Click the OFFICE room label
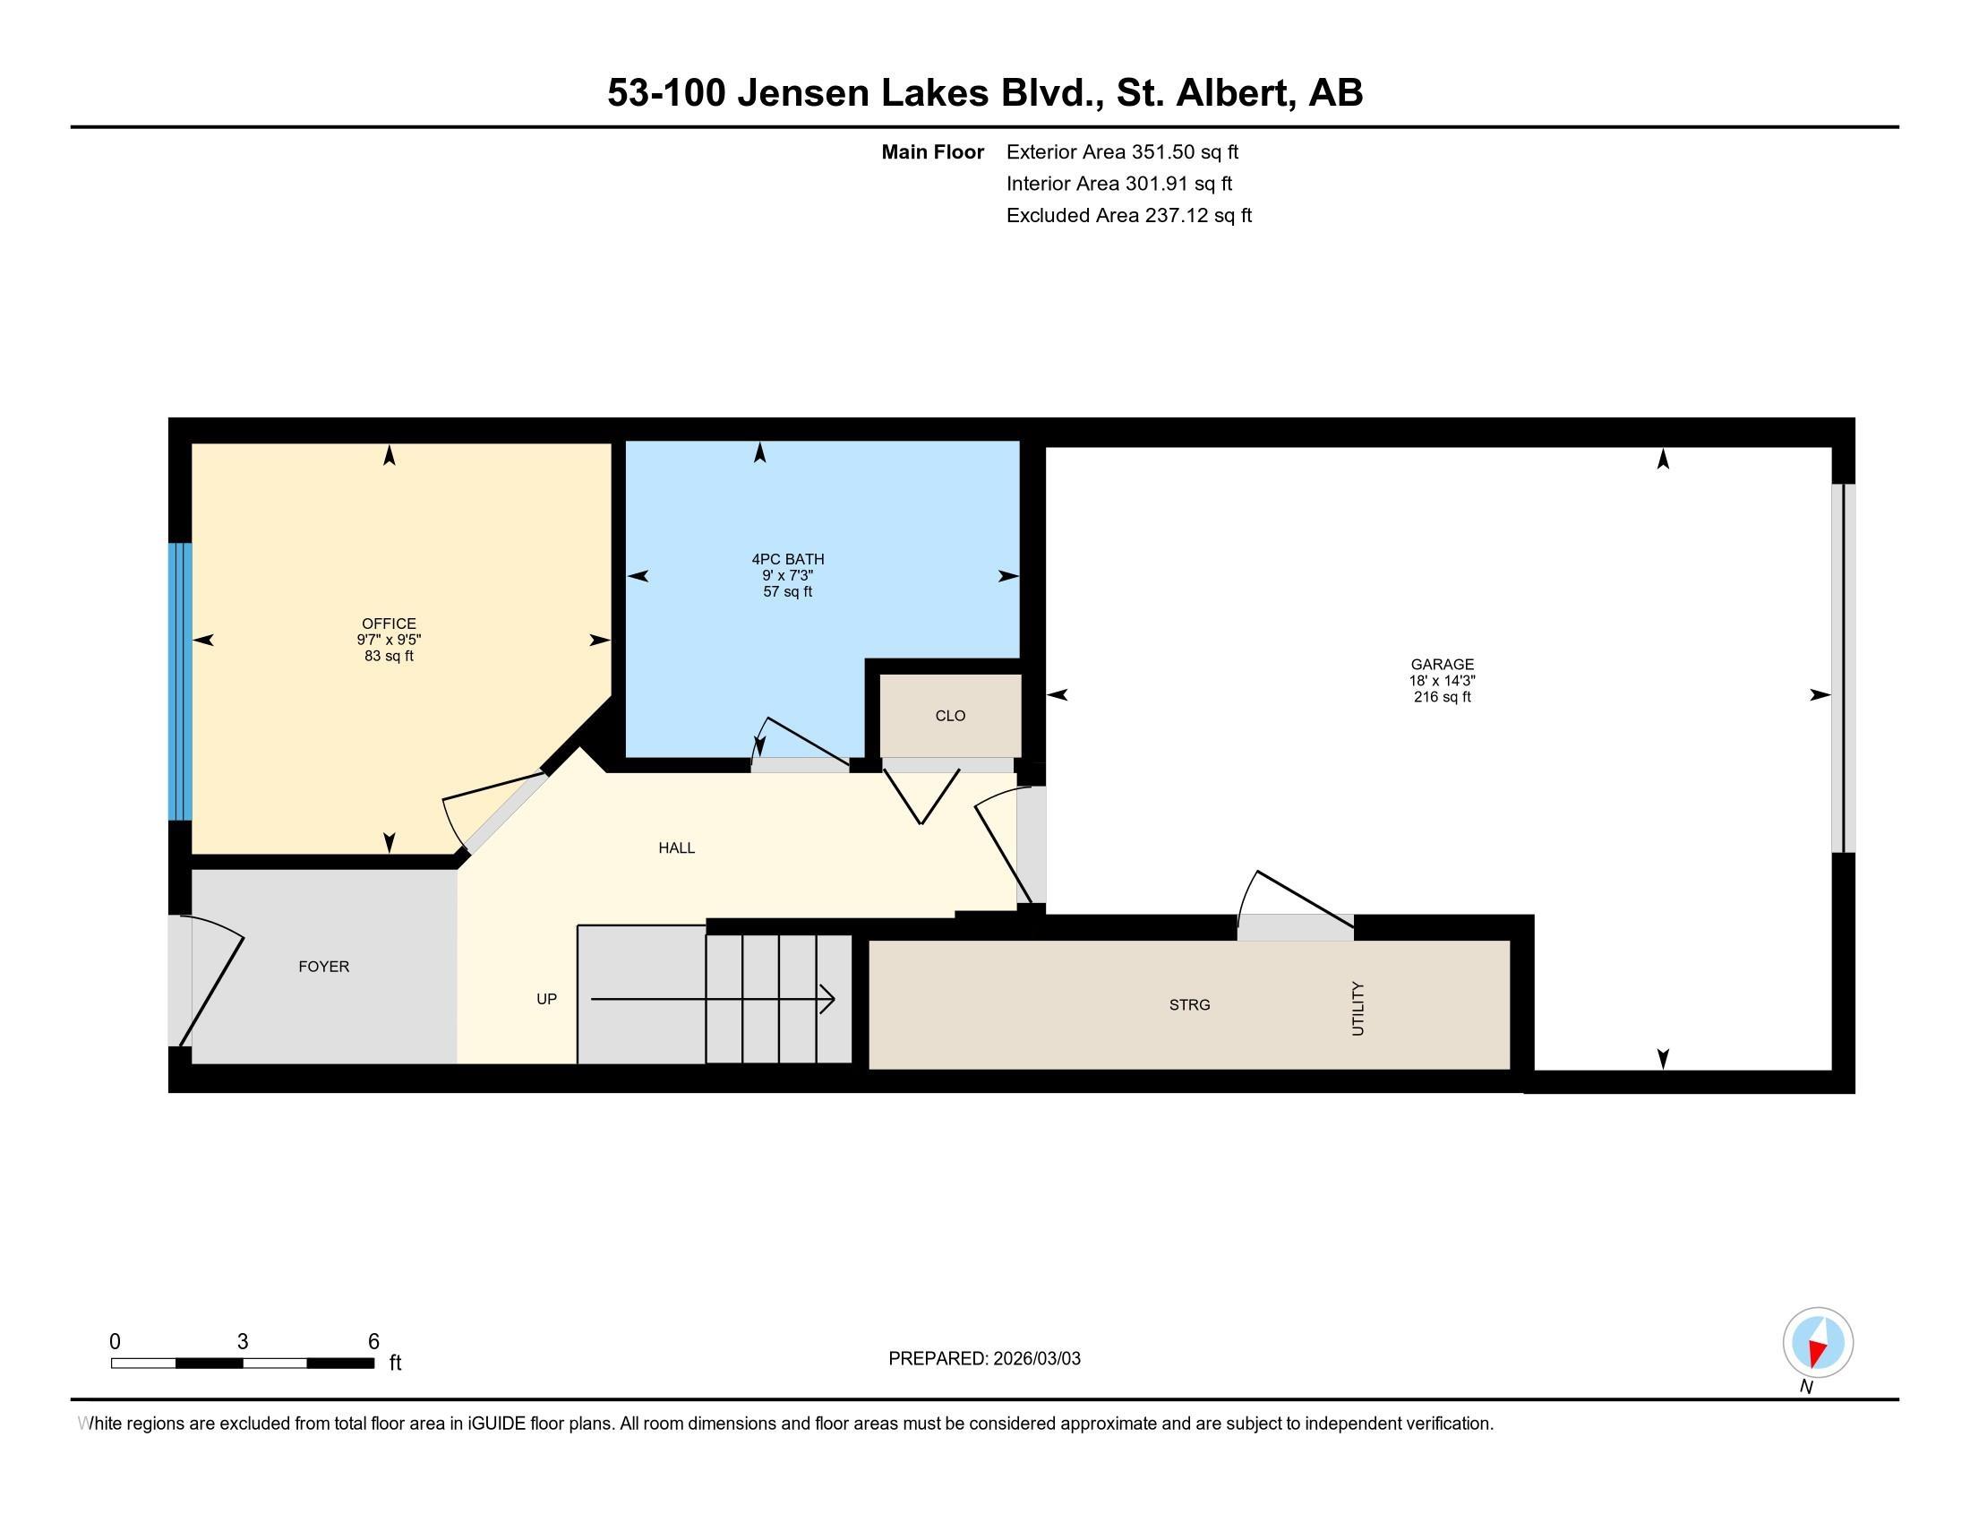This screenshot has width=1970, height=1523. click(389, 624)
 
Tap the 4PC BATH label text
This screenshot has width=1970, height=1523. click(787, 559)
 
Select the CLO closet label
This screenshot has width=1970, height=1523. click(950, 716)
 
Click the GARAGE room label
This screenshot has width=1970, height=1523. click(1442, 664)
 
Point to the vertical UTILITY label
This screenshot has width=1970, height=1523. click(1358, 1009)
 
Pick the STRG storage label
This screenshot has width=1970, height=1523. click(1189, 1004)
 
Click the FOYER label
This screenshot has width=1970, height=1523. click(324, 967)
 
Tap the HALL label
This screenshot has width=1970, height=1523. click(676, 848)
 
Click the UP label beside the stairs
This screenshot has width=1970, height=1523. click(546, 999)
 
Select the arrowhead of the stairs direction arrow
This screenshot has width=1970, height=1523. click(828, 999)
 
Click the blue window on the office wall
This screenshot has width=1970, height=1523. click(180, 681)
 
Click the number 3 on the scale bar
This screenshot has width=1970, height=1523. click(243, 1342)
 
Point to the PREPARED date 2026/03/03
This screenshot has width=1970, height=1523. click(1035, 1359)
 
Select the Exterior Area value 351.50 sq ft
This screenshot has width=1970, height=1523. click(1185, 151)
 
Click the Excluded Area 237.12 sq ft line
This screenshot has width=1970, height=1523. click(1128, 215)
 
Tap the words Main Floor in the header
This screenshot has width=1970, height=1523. click(932, 151)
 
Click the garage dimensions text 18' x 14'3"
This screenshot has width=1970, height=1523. click(1442, 681)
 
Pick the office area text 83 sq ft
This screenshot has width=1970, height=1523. click(389, 656)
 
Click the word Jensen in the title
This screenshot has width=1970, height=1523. click(802, 92)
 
